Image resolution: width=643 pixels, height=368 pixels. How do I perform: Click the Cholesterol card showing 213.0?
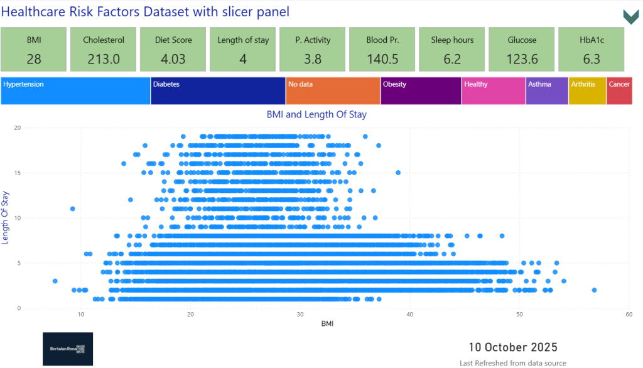tap(104, 50)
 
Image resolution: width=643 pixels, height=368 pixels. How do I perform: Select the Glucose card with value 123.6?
tap(522, 50)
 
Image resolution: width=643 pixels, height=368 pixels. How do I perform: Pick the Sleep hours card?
tap(452, 50)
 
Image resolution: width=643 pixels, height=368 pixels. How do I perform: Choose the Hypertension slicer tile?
tap(75, 91)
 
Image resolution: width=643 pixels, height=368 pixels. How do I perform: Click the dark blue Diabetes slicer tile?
tap(218, 91)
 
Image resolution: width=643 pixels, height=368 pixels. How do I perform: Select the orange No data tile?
tap(333, 91)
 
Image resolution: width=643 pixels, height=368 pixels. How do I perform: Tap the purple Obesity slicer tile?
tap(421, 91)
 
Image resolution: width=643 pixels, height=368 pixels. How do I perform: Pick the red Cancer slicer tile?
tap(619, 91)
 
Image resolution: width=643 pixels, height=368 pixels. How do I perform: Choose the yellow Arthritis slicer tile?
tap(587, 91)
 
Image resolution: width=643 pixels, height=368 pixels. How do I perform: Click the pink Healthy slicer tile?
tap(494, 91)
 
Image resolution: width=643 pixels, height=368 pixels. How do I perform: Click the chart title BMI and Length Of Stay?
tap(316, 114)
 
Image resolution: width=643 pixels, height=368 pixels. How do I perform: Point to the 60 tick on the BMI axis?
tap(628, 314)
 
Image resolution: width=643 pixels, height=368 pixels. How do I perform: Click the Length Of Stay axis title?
tap(6, 218)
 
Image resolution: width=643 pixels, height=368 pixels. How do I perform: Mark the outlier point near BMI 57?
tap(594, 290)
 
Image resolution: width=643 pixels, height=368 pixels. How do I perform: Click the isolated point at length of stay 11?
tap(73, 208)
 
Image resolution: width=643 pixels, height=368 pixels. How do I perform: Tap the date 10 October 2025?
tap(513, 347)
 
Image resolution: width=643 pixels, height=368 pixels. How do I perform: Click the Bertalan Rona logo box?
tap(68, 349)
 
